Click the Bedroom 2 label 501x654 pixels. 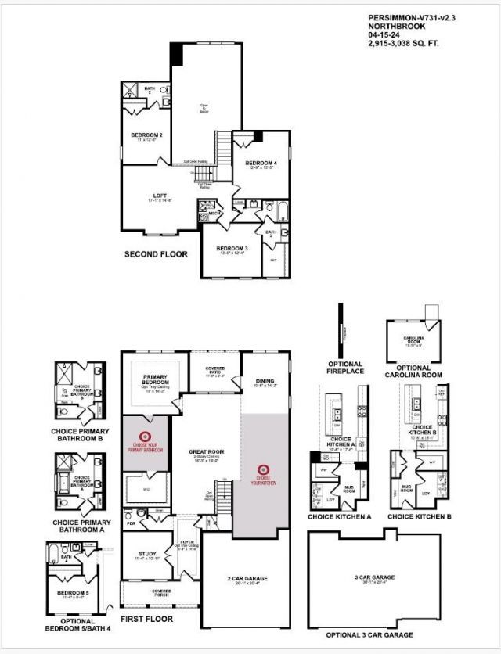click(x=146, y=135)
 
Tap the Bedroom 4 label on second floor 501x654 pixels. click(x=262, y=163)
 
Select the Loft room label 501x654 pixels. click(x=160, y=196)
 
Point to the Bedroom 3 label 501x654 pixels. click(x=232, y=248)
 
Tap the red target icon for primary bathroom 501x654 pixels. click(x=145, y=436)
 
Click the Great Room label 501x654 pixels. click(x=205, y=451)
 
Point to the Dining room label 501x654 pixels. click(x=265, y=382)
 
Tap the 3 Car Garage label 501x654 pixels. click(x=373, y=577)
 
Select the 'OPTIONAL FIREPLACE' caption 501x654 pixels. click(x=345, y=368)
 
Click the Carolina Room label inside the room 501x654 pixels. click(x=414, y=340)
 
